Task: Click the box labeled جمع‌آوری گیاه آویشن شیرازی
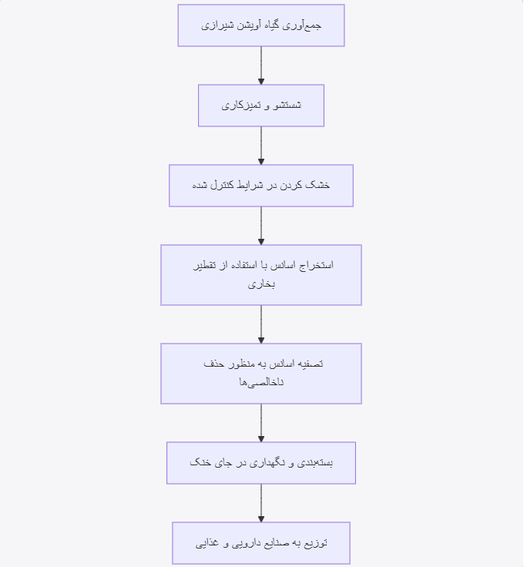[x=261, y=25]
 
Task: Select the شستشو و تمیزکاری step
[x=261, y=106]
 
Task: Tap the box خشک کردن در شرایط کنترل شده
[x=261, y=186]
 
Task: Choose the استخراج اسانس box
[x=261, y=275]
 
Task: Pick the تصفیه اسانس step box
[x=261, y=374]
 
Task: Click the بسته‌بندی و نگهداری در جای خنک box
[x=261, y=463]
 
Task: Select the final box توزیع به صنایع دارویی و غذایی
[x=261, y=543]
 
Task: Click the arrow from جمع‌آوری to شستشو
[x=261, y=65]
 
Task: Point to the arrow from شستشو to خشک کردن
[x=261, y=146]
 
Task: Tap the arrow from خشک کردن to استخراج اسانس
[x=261, y=226]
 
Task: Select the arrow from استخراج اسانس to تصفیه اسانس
[x=261, y=324]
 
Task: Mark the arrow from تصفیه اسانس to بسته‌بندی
[x=261, y=423]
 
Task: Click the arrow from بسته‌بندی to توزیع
[x=261, y=503]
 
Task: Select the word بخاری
[x=261, y=284]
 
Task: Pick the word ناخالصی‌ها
[x=261, y=382]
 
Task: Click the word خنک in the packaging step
[x=199, y=462]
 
